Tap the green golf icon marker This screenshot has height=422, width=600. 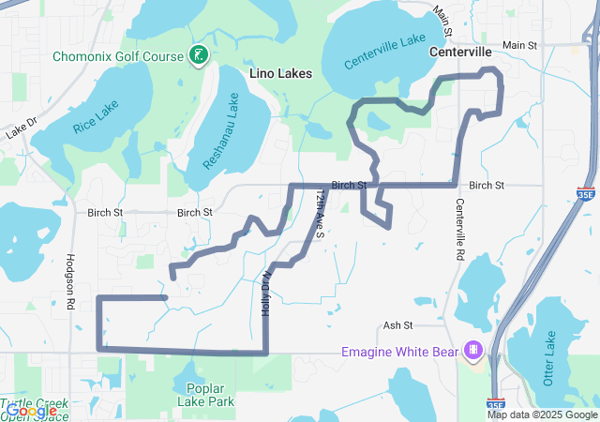pyautogui.click(x=198, y=55)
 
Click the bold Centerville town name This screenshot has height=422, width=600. pyautogui.click(x=460, y=53)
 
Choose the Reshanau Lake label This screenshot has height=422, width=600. pyautogui.click(x=221, y=130)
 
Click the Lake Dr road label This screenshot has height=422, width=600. pyautogui.click(x=20, y=128)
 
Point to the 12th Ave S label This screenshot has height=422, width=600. pyautogui.click(x=320, y=213)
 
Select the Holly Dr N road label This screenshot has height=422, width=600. pyautogui.click(x=267, y=292)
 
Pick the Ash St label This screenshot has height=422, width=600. pyautogui.click(x=397, y=325)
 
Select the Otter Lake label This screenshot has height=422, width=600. pyautogui.click(x=550, y=357)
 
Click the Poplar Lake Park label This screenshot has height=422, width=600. pyautogui.click(x=209, y=395)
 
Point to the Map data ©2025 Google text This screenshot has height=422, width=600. pyautogui.click(x=542, y=414)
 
